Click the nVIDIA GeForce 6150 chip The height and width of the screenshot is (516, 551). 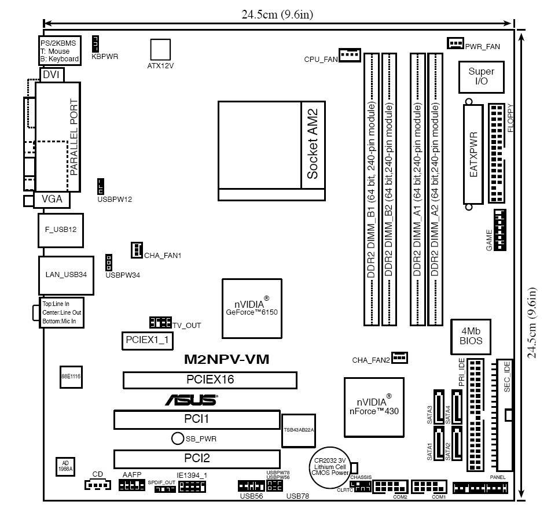(x=252, y=308)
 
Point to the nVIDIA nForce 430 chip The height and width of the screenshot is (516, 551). (x=374, y=407)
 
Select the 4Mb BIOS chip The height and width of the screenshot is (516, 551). (x=471, y=336)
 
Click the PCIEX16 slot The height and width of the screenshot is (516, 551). (x=210, y=380)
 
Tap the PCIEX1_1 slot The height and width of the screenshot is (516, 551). (x=147, y=340)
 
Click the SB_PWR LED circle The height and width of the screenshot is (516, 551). (x=178, y=438)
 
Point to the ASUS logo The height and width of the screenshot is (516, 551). (x=192, y=400)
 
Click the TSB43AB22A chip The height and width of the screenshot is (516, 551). (x=297, y=430)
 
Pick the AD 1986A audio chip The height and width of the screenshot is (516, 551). (x=65, y=466)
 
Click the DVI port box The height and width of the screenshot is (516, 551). (x=52, y=75)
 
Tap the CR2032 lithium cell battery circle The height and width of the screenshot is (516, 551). (x=330, y=466)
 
